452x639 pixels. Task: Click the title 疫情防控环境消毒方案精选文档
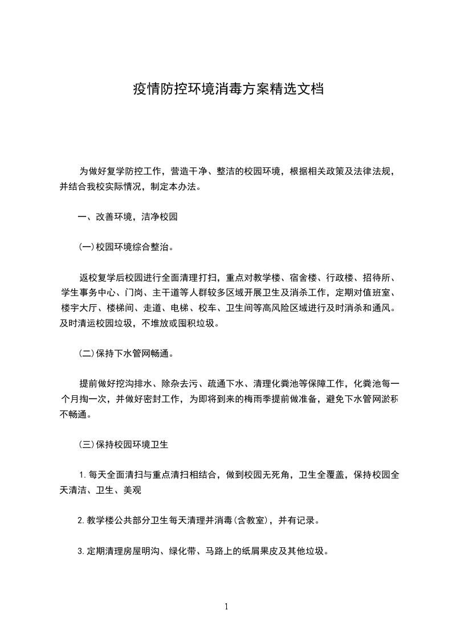228,89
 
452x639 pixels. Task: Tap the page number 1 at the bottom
226,607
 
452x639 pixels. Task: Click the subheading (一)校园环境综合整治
125,248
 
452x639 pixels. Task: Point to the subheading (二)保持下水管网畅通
125,353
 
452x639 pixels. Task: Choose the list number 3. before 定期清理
80,551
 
